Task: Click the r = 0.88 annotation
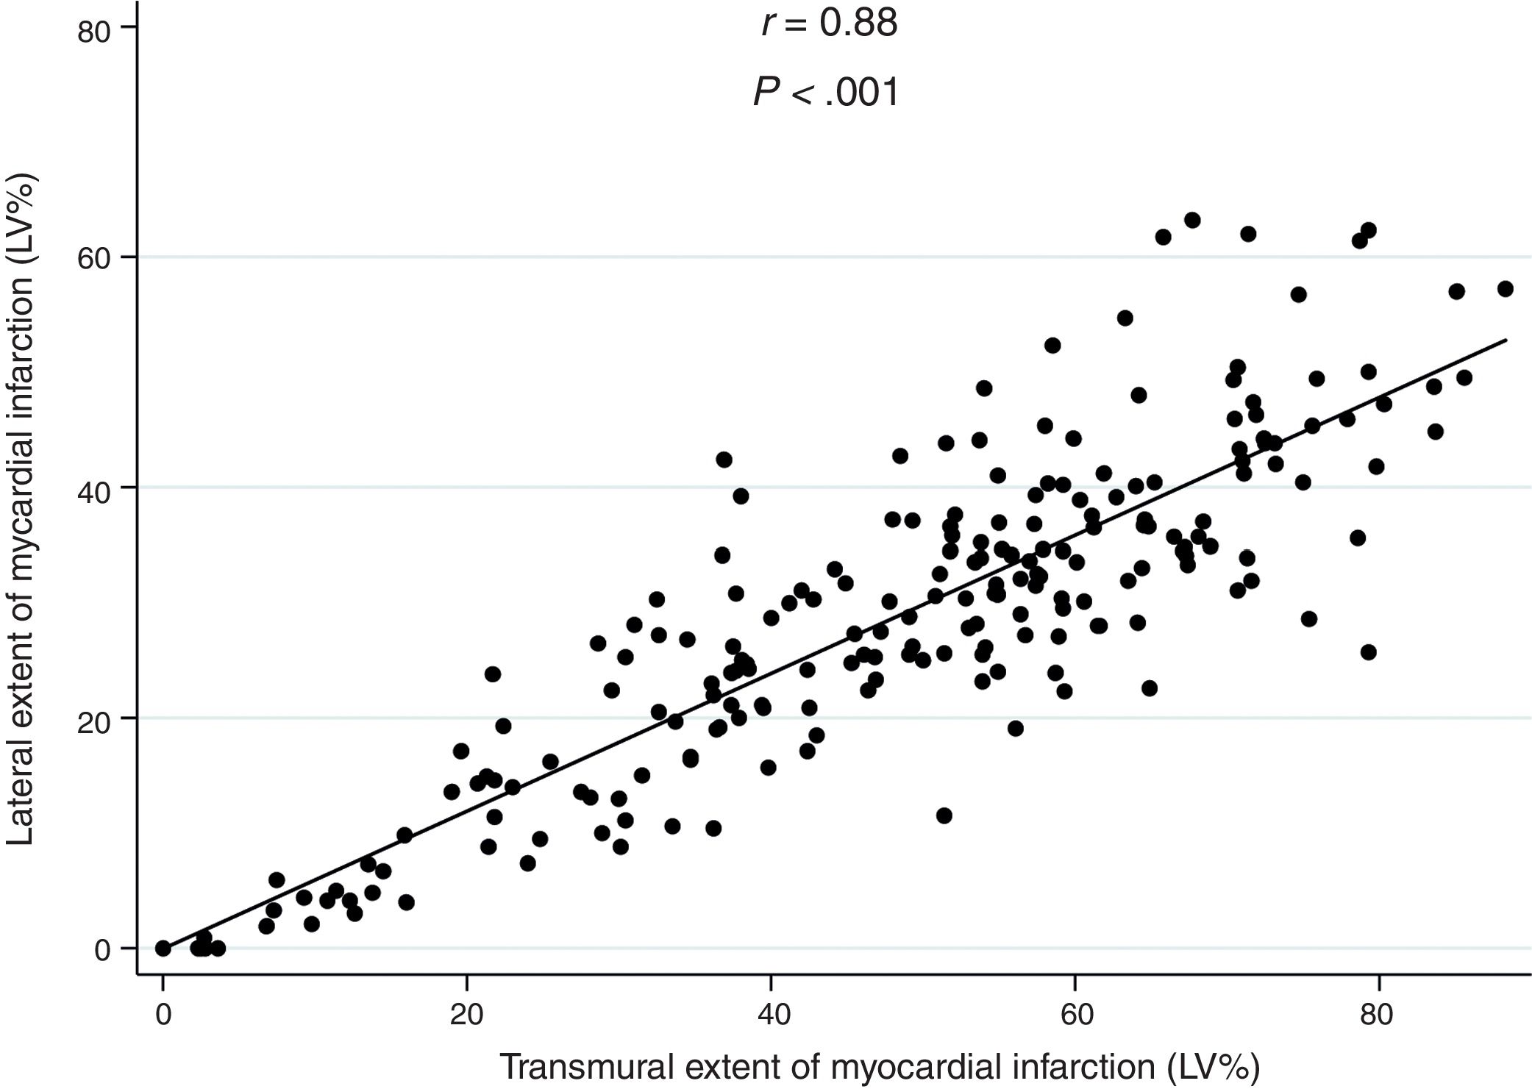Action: click(x=829, y=24)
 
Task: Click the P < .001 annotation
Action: click(x=826, y=93)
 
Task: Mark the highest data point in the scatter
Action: click(x=1192, y=221)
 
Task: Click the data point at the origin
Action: click(x=163, y=949)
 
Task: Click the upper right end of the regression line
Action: click(x=1506, y=340)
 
